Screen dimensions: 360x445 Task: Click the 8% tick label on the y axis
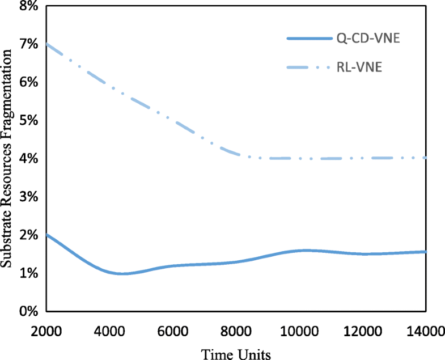(x=28, y=6)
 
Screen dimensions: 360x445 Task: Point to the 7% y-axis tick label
(x=28, y=44)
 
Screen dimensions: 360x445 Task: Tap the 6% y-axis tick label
(x=28, y=83)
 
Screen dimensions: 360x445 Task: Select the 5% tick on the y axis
(x=28, y=121)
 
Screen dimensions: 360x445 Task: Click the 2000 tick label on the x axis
(x=46, y=330)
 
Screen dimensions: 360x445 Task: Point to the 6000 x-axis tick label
(x=173, y=330)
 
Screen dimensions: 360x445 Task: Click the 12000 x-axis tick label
(x=363, y=330)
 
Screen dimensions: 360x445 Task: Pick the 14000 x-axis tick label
(x=426, y=330)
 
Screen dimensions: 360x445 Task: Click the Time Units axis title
(x=236, y=353)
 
